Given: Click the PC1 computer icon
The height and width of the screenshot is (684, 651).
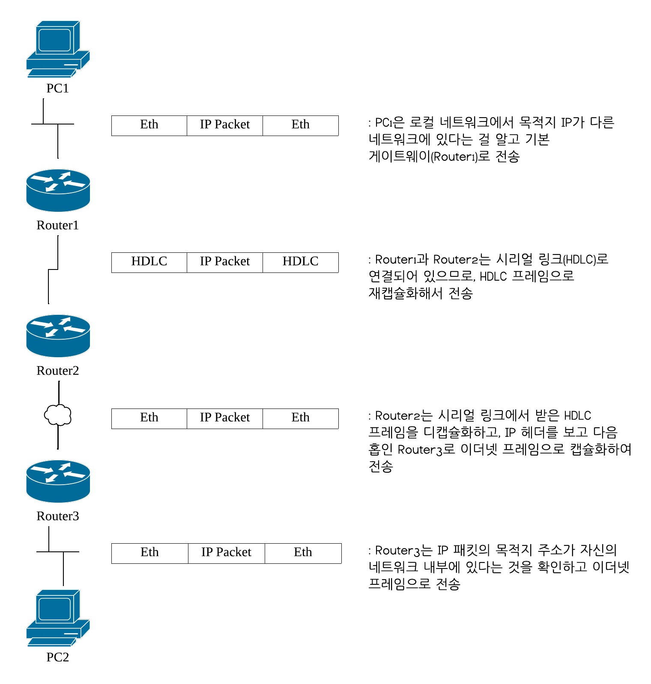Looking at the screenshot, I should (58, 49).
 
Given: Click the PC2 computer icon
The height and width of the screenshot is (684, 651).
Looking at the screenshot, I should (58, 618).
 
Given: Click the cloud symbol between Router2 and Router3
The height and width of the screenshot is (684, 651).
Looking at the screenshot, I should (58, 415).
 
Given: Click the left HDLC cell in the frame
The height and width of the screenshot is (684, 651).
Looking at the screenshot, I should (149, 262).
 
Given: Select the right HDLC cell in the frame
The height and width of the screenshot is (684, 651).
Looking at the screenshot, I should (300, 262).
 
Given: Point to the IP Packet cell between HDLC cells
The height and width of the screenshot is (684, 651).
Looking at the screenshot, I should (224, 262).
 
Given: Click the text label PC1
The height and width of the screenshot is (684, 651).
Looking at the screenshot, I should (57, 89).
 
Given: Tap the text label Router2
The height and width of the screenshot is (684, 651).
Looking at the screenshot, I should (58, 371).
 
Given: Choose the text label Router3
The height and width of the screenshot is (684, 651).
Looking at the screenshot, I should (58, 516).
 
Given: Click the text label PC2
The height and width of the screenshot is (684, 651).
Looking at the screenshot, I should (57, 657).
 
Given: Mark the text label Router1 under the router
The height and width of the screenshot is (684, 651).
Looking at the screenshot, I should (58, 225).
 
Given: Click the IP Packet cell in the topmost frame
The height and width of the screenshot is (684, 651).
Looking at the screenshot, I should (224, 125).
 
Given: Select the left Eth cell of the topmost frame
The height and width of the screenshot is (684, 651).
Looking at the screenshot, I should (149, 125).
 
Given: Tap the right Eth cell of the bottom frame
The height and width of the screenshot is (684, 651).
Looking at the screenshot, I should (303, 553).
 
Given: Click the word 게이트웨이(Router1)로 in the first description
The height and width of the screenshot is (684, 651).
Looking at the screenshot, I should (429, 157).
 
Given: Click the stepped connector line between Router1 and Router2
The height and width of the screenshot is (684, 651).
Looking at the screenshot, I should (53, 269).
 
